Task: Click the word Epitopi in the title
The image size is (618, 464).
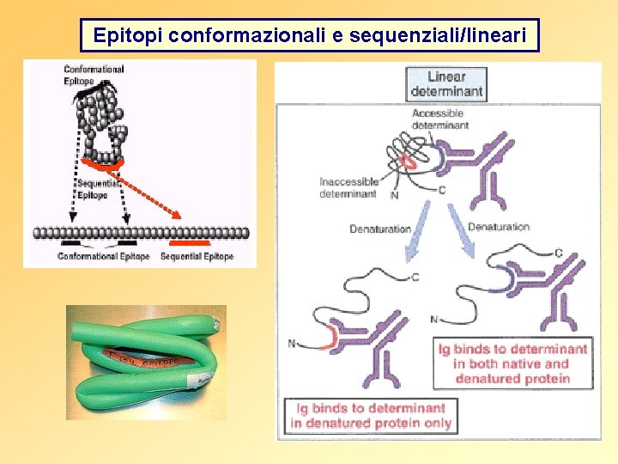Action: [x=128, y=36]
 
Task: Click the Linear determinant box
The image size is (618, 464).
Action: [x=445, y=83]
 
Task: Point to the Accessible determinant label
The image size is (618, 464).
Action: [x=440, y=119]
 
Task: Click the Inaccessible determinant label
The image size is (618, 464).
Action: [x=348, y=187]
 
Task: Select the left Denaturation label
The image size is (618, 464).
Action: [x=380, y=229]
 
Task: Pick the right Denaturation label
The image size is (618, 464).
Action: [x=499, y=227]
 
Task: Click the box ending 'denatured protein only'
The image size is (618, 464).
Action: [x=370, y=415]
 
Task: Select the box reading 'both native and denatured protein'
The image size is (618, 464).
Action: [x=512, y=363]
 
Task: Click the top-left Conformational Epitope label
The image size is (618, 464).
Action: [x=93, y=75]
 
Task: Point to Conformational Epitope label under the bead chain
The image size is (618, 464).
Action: [x=103, y=256]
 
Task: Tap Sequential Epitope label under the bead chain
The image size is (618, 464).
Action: [x=197, y=256]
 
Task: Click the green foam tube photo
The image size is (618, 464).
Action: [x=146, y=362]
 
